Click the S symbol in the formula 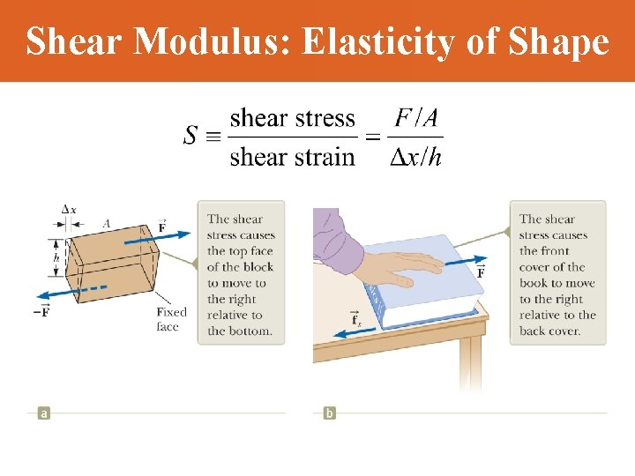[190, 137]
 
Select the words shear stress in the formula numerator [292, 118]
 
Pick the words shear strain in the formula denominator [292, 157]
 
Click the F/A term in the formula [416, 117]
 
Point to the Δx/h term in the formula [416, 157]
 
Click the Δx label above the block [69, 209]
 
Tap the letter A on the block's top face [106, 224]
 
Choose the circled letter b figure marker [329, 413]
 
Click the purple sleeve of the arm [338, 251]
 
